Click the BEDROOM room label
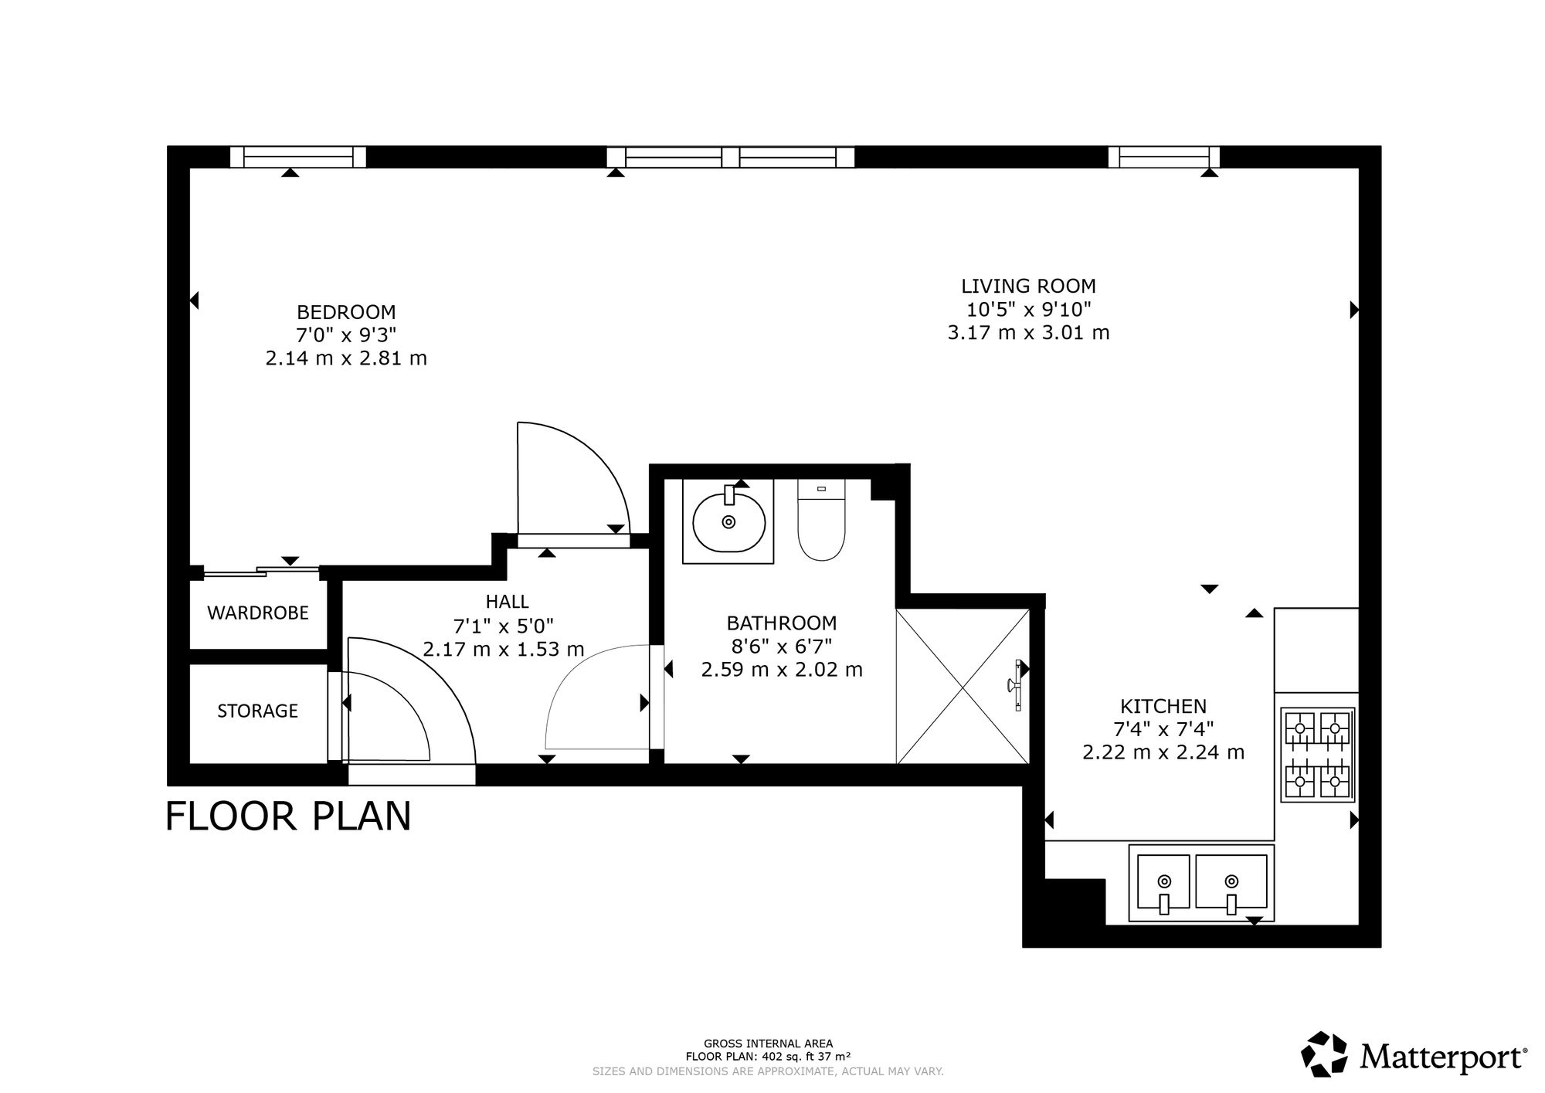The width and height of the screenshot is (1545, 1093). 346,312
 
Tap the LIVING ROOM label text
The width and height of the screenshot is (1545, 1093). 1028,286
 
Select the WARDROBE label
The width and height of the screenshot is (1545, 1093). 258,613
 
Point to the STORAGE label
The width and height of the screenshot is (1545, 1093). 257,711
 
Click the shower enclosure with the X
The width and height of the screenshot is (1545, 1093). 963,686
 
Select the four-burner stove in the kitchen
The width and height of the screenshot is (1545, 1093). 1318,755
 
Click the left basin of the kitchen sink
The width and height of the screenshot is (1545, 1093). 1163,881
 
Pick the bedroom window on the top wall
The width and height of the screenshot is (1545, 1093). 298,157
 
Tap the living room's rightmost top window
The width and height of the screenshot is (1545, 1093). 1164,157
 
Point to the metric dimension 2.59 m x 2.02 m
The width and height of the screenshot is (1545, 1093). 782,669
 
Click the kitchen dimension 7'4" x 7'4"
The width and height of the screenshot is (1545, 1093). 1163,728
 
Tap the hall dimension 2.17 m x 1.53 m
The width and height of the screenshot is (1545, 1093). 504,649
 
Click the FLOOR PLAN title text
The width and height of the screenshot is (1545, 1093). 289,816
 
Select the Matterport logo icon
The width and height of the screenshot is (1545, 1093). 1326,1054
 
